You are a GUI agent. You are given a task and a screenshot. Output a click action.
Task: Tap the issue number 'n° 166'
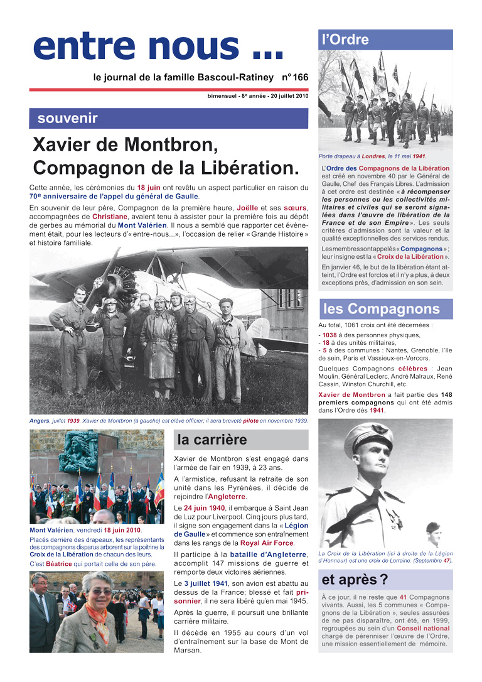tap(294, 77)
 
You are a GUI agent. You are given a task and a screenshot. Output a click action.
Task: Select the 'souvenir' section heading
tap(67, 118)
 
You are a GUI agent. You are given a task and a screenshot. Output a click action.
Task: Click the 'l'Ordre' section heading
tap(345, 40)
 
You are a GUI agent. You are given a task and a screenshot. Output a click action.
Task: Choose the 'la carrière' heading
tap(212, 440)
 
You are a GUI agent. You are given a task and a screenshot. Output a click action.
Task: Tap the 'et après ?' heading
tap(355, 579)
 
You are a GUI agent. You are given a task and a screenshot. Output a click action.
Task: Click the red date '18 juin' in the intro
tap(149, 187)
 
